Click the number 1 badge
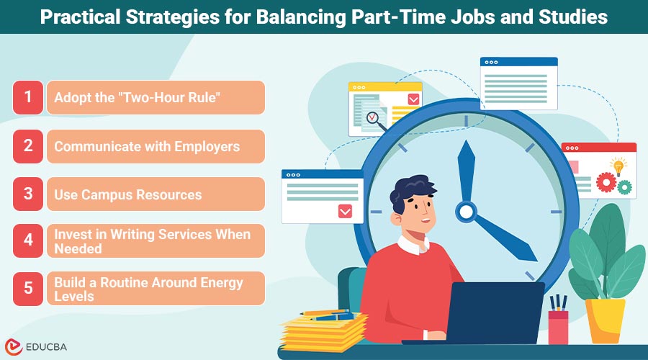(x=28, y=97)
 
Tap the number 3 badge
(x=28, y=194)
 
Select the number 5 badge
(x=28, y=288)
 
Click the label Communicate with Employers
(x=147, y=146)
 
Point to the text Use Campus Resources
(x=128, y=194)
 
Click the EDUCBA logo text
(x=47, y=346)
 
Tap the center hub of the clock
(x=466, y=211)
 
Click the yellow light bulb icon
(x=617, y=167)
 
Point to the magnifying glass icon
(x=373, y=118)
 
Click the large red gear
(x=606, y=183)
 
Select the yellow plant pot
(x=604, y=320)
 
